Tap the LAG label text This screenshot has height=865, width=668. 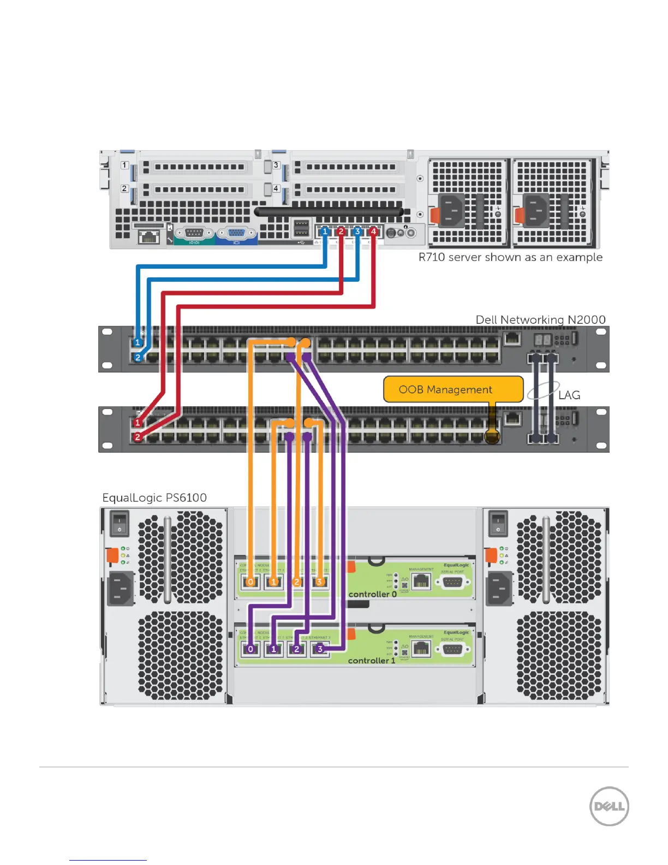point(569,395)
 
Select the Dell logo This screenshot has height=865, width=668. point(609,806)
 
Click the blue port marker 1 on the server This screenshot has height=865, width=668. point(325,232)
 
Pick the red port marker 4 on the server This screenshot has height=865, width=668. point(373,232)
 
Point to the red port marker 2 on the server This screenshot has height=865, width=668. point(341,232)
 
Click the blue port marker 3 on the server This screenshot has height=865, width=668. point(357,232)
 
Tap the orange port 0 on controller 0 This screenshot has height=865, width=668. point(250,582)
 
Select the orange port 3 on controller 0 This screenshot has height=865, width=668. point(320,582)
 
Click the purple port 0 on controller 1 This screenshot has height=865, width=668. point(250,649)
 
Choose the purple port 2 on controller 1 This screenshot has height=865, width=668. point(297,649)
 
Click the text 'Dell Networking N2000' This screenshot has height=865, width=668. point(540,319)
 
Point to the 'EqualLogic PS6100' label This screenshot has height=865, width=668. point(154,497)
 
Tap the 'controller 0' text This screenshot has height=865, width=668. point(372,594)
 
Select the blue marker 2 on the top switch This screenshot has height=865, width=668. point(138,358)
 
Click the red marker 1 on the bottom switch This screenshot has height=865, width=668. point(138,423)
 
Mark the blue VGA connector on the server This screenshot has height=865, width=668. point(237,234)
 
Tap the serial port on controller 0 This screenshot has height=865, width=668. point(452,582)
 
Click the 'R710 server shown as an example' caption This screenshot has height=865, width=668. point(510,257)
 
